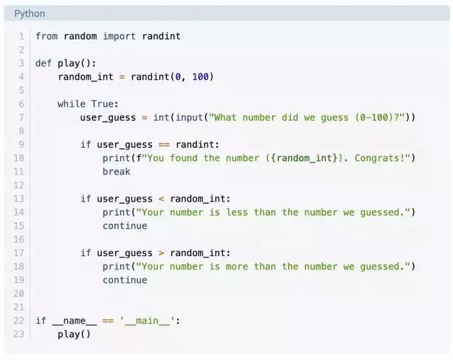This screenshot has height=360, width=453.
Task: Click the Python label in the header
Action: pos(29,13)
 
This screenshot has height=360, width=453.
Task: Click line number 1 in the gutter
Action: pos(21,36)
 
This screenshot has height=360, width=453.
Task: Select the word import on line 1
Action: pos(120,36)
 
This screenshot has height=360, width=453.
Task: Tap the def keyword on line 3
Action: pos(44,63)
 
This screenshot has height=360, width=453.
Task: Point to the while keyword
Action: pos(71,104)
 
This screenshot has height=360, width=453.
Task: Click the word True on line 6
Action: pos(105,104)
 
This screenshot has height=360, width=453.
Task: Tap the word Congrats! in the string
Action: pos(379,158)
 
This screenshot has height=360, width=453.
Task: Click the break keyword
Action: pos(116,171)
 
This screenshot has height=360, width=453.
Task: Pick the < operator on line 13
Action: pos(161,199)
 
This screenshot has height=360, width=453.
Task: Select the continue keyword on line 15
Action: pos(125,226)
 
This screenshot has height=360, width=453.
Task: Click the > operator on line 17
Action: pos(161,253)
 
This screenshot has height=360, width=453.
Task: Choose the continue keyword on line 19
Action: pos(125,280)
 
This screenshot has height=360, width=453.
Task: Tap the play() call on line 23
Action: pos(74,334)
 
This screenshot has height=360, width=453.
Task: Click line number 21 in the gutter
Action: pos(19,307)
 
